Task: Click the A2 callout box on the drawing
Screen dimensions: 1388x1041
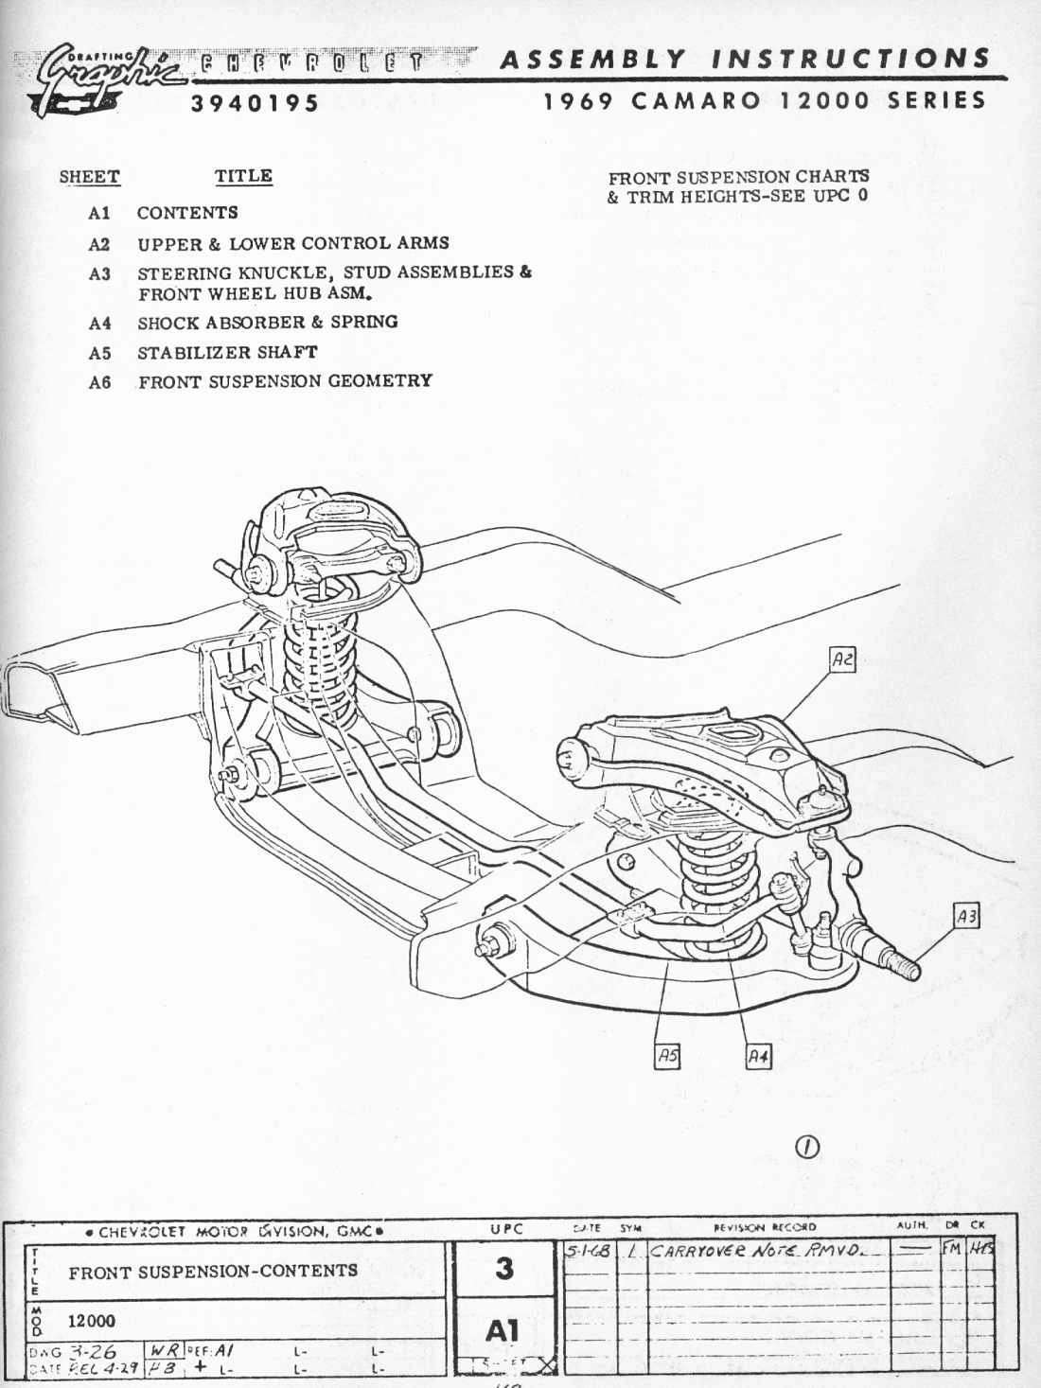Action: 841,659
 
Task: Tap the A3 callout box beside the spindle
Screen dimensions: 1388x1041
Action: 965,916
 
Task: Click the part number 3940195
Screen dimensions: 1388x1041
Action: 255,103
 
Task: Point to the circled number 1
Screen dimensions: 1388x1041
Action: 807,1146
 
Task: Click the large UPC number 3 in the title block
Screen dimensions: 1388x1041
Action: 504,1268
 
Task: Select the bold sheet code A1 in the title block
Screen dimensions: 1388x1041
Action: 503,1330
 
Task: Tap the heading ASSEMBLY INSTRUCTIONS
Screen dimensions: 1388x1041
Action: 745,60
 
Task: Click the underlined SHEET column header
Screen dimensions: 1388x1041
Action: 89,177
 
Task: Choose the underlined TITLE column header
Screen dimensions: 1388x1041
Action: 243,176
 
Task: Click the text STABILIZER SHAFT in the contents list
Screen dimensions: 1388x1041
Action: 227,352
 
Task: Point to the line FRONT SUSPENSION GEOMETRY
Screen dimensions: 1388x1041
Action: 285,381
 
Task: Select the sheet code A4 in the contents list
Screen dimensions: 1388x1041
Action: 99,324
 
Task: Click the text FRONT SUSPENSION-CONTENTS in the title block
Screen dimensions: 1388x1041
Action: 213,1271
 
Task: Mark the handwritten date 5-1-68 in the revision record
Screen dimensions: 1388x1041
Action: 587,1251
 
